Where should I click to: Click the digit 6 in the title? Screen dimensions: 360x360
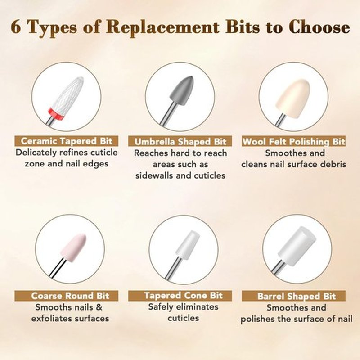(15, 27)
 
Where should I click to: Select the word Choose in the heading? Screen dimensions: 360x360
(319, 27)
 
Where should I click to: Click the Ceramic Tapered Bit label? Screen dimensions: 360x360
(67, 141)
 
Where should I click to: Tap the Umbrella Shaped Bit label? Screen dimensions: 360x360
(180, 141)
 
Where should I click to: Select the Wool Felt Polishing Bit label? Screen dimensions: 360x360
(294, 141)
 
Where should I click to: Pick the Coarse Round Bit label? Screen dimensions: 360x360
(67, 296)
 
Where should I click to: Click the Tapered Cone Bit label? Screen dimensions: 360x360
(180, 296)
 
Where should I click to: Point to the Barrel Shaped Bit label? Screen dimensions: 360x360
(294, 296)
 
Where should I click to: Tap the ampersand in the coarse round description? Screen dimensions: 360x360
(99, 307)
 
